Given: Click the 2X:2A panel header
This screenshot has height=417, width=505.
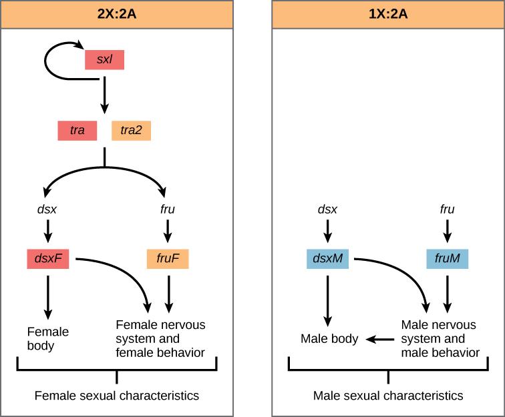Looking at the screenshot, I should click(117, 14).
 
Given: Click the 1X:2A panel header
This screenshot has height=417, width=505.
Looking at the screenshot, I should click(388, 14).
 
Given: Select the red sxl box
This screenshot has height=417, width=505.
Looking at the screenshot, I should click(104, 59).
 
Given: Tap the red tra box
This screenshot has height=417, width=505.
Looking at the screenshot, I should click(77, 130).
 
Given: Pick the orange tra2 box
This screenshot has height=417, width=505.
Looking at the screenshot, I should click(131, 130).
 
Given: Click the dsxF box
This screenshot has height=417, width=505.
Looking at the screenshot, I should click(49, 258).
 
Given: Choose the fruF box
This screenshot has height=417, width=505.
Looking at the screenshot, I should click(168, 258).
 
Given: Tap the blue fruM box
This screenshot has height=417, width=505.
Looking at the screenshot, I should click(448, 258).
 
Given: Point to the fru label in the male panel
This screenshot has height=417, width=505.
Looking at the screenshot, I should click(448, 210).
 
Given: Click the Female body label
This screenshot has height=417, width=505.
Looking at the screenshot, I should click(47, 338).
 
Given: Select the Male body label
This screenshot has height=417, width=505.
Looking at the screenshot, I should click(329, 339).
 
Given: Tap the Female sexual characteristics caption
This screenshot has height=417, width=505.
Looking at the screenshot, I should click(117, 396).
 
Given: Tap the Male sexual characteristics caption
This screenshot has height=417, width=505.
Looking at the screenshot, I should click(388, 396).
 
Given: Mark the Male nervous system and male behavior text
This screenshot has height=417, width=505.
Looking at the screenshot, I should click(440, 338).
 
